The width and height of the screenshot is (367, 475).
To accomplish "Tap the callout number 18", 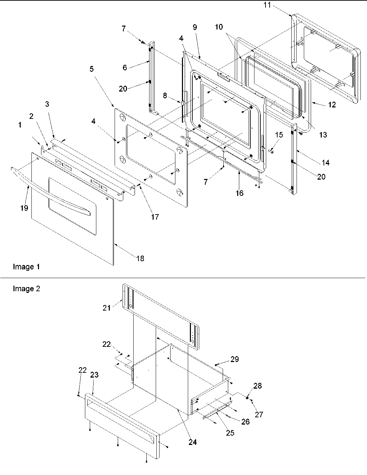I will click(140, 258).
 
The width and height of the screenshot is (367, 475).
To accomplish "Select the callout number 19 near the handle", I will click(24, 208).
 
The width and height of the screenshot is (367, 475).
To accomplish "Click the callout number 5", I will click(91, 69).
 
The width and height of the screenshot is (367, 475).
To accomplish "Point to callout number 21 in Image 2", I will click(106, 307).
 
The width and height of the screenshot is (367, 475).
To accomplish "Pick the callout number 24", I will click(192, 442).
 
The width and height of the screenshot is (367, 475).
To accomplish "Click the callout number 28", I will click(258, 386).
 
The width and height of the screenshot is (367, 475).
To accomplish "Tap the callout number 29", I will click(234, 359).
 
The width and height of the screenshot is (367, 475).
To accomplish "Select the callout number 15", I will click(279, 135).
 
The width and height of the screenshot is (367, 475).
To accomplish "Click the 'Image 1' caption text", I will click(26, 267).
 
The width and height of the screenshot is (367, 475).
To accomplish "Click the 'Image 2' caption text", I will click(26, 288).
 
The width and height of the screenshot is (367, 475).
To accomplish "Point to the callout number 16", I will click(239, 193).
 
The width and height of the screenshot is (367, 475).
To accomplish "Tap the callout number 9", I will click(195, 27).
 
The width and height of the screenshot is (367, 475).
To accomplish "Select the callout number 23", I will click(94, 375).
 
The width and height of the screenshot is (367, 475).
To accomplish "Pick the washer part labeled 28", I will click(248, 398).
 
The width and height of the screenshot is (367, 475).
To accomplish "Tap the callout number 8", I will click(165, 96).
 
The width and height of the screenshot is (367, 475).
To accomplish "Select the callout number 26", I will click(245, 422).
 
